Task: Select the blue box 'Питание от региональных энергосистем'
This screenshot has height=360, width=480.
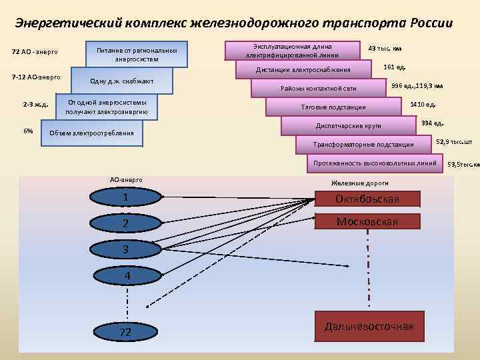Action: click(x=137, y=54)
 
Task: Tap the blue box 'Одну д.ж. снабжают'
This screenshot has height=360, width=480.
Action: click(x=122, y=81)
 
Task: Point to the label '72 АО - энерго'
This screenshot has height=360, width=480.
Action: click(x=35, y=52)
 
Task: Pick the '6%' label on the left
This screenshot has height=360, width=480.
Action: click(x=28, y=131)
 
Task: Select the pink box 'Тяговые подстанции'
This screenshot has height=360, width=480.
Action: click(x=333, y=107)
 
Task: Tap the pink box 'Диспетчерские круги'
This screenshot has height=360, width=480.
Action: click(x=347, y=125)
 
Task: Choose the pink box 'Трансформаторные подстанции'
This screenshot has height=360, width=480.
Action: click(x=363, y=145)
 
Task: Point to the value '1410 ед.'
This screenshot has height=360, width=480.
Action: click(x=423, y=105)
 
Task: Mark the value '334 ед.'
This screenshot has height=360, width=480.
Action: click(x=433, y=123)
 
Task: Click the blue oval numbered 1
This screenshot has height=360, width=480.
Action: click(x=125, y=198)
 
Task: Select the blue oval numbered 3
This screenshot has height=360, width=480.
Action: click(x=125, y=249)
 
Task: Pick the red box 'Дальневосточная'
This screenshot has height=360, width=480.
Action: click(x=369, y=327)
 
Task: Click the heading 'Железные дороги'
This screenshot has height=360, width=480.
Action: click(x=359, y=183)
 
